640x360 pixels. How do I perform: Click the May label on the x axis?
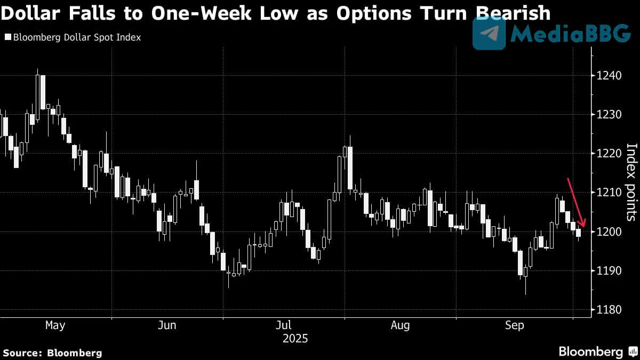coord(55,325)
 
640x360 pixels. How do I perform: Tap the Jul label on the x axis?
coord(284,325)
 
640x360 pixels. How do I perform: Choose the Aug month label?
coord(400,325)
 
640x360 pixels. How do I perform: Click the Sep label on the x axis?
coord(515,325)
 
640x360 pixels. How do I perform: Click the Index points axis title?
coord(631,182)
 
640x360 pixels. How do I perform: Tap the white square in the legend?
coord(7,38)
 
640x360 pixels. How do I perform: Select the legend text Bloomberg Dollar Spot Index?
coord(77,38)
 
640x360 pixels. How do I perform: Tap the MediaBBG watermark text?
coord(571,34)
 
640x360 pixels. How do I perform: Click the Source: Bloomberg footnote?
coord(52,353)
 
